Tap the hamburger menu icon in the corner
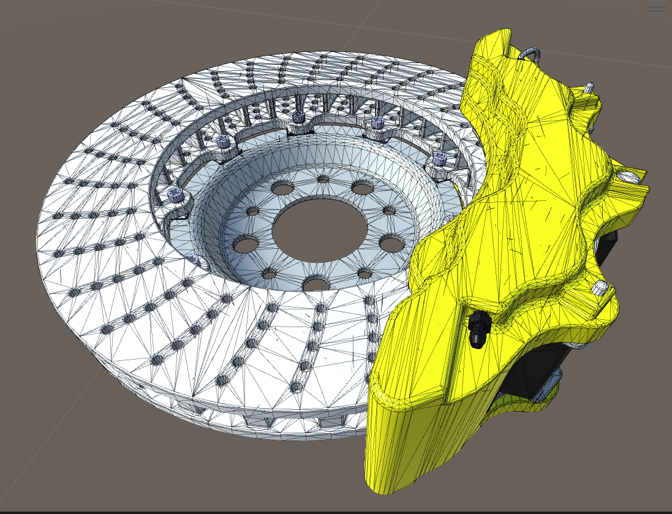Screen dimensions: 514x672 click(x=655, y=9)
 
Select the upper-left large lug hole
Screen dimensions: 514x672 click(x=282, y=188)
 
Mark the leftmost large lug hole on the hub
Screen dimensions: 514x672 click(x=246, y=245)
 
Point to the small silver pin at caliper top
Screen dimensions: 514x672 click(x=589, y=86)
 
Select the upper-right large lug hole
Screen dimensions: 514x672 click(x=363, y=188)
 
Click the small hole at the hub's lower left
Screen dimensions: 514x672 click(x=268, y=274)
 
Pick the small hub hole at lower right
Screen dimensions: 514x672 click(x=364, y=273)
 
